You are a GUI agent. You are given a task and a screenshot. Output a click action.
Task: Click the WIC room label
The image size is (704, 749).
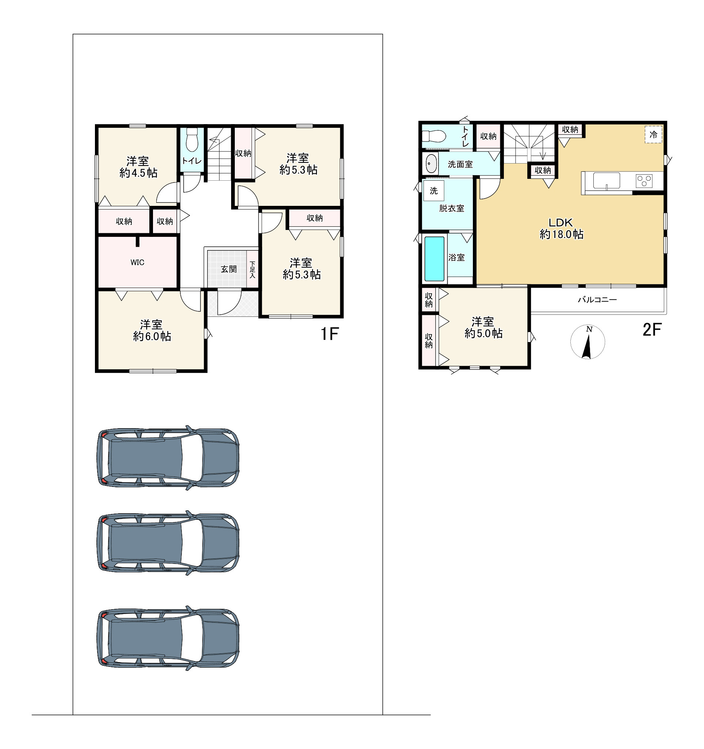tap(137, 262)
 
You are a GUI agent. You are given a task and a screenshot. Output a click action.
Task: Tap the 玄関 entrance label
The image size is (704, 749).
tap(229, 269)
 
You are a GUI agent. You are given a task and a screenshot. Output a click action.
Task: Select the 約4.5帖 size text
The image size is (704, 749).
tap(138, 173)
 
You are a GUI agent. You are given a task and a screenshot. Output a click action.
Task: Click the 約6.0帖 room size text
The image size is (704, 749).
tap(152, 336)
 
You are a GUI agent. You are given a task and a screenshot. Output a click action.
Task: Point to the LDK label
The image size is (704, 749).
tap(561, 223)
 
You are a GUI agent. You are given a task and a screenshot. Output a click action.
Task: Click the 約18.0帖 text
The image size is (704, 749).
tap(562, 234)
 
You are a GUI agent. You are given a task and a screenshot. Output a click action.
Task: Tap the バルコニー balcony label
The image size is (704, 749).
tap(597, 300)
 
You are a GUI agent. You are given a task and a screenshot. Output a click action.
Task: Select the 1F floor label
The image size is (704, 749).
tap(329, 334)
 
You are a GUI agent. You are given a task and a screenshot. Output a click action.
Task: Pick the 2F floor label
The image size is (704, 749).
tap(652, 330)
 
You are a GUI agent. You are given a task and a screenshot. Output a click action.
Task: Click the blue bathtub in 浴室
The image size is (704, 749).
tap(434, 259)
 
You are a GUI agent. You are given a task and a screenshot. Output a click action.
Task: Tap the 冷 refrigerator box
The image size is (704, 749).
tap(654, 134)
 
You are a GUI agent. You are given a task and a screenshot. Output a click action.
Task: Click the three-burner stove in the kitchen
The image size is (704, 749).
tap(644, 181)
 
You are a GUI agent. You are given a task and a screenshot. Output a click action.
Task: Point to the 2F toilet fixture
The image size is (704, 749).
tap(434, 136)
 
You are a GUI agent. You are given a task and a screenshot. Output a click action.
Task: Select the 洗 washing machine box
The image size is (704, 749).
tap(434, 191)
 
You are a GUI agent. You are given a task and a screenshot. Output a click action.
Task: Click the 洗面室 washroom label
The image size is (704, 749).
tap(460, 164)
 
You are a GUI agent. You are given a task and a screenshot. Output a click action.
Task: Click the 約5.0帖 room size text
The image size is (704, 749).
tap(483, 333)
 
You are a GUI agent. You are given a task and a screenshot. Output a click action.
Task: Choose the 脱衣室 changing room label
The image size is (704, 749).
tap(451, 208)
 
